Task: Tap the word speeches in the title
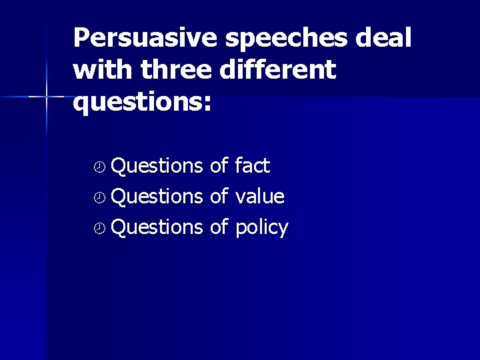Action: (286, 38)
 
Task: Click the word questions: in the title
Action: (142, 102)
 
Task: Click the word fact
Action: (252, 165)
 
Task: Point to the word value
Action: (260, 197)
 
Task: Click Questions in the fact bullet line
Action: (157, 165)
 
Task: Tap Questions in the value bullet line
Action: (157, 197)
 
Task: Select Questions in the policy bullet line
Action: (157, 227)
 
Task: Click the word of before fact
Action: (219, 165)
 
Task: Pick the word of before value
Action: (219, 197)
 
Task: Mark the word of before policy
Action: (219, 227)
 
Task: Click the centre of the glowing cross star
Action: (46, 97)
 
